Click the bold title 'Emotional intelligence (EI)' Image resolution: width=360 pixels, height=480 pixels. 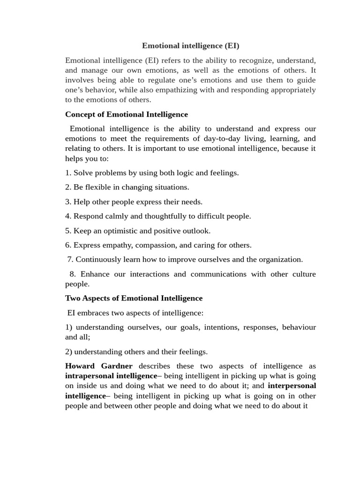coord(191,46)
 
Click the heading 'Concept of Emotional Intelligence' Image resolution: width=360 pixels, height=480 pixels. coord(126,114)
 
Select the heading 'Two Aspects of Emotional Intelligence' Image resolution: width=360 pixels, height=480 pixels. coord(134,298)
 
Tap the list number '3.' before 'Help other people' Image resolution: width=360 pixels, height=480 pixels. coord(68,202)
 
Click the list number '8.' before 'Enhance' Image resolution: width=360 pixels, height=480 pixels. coord(72,274)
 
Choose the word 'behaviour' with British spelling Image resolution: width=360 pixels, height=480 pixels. coord(299,327)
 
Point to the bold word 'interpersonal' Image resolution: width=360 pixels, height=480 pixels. coord(292,386)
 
